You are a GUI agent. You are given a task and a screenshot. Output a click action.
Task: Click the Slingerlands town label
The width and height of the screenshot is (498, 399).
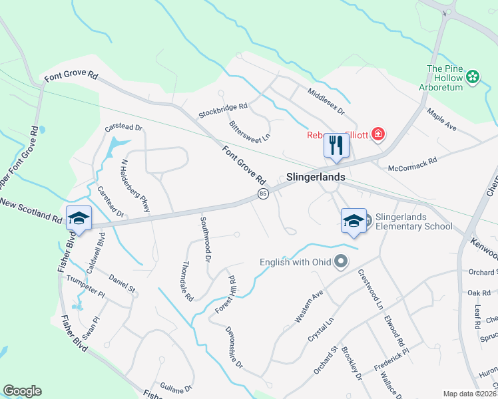(316, 178)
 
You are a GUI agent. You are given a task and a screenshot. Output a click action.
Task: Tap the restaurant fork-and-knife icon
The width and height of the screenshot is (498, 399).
(336, 145)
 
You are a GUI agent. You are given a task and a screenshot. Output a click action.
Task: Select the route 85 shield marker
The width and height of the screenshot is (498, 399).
(263, 194)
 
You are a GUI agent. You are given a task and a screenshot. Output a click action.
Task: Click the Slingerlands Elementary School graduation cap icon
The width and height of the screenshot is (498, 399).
(354, 221)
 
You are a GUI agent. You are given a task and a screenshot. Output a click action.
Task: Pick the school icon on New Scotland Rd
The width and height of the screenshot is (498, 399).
(79, 217)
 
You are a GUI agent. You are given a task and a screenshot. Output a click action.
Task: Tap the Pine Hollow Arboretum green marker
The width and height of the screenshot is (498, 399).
(473, 76)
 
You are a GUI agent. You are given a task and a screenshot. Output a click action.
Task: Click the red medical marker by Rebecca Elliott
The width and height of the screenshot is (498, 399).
(378, 135)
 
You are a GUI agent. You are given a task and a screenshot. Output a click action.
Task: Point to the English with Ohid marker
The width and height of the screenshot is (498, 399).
(342, 261)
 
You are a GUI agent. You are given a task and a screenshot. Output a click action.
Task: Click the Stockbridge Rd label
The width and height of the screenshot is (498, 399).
(223, 110)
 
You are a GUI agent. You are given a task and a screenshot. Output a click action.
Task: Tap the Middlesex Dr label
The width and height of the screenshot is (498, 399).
(326, 100)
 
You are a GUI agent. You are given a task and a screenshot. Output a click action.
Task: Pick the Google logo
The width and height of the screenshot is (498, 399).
(22, 391)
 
